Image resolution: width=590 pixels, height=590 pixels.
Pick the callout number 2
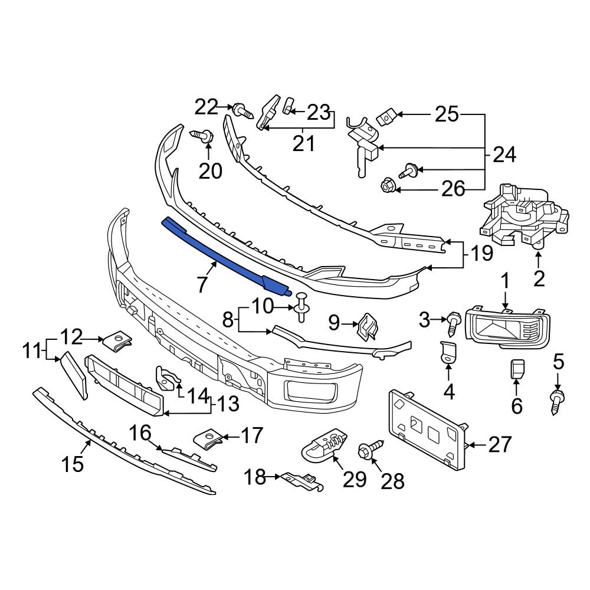pos(538,278)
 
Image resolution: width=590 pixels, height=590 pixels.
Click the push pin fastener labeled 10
pos(302,306)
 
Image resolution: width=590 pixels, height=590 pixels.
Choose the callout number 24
pos(504,155)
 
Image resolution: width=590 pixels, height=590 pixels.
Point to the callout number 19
pos(481,255)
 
